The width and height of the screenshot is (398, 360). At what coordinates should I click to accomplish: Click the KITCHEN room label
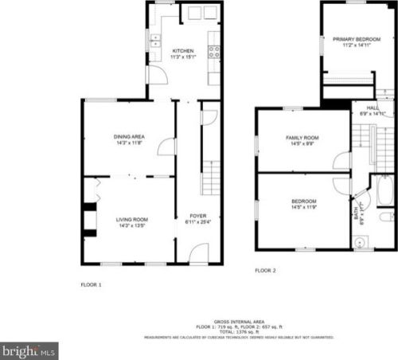pos(183,51)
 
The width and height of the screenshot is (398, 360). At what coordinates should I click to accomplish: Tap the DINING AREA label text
pos(128,136)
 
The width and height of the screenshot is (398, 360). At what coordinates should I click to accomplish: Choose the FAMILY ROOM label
pos(302,138)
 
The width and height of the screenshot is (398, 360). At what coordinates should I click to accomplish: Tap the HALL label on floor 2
pos(373,108)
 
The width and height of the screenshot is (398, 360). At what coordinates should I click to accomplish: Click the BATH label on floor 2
pos(355,214)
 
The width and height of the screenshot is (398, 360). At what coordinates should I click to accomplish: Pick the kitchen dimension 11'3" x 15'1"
pos(183,57)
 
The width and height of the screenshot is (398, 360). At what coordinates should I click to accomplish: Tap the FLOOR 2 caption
pos(265,271)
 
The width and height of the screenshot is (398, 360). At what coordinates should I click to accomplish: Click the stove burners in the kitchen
pos(213,52)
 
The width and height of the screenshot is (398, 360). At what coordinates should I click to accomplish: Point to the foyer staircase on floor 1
pos(210,177)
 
